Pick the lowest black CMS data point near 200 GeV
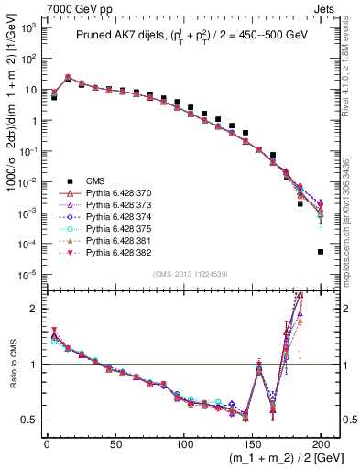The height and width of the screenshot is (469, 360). (321, 252)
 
